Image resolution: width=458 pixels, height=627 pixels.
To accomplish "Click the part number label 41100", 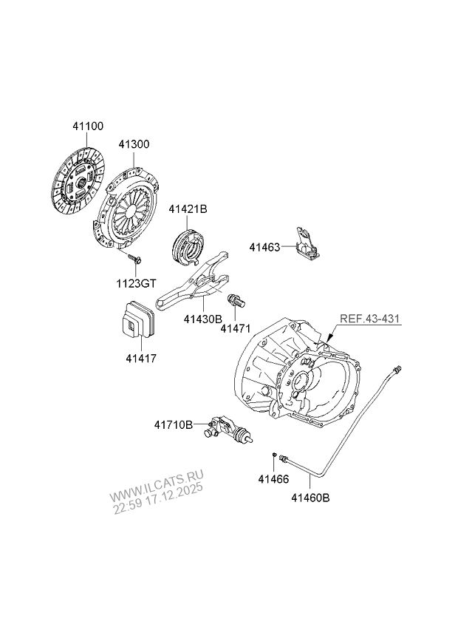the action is [88, 126].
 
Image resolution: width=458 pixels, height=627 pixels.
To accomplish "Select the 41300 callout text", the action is [134, 144].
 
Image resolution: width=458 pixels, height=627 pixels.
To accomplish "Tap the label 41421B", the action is [188, 209].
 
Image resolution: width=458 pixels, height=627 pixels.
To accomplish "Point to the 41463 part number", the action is [264, 248].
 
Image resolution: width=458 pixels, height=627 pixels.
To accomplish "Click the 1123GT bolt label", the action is [136, 284].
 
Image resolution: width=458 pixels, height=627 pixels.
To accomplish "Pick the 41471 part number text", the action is [236, 329].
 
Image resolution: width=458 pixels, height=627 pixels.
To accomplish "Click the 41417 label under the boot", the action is [141, 359].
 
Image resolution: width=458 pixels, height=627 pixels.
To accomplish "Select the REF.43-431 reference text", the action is [369, 319].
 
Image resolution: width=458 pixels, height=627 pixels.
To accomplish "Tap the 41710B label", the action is [174, 424].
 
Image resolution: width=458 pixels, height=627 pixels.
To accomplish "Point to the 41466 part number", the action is [273, 478].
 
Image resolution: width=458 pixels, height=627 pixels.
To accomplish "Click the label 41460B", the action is [310, 498].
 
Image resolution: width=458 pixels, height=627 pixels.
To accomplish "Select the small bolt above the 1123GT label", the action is [135, 259].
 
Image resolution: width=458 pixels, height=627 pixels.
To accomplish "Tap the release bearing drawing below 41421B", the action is [188, 244].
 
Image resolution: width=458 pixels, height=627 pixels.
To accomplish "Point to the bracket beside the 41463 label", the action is [307, 243].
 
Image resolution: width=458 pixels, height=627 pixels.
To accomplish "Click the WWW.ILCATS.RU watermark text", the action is [156, 484].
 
